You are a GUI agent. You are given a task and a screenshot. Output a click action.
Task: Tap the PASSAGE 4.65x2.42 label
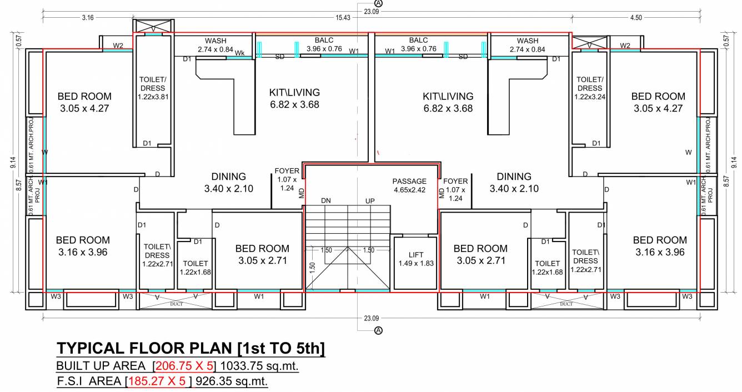pos(409,185)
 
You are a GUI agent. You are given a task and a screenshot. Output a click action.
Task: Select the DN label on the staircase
pos(327,200)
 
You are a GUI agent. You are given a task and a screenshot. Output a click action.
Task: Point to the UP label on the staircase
pos(370,200)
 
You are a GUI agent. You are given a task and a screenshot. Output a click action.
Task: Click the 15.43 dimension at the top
pos(343,18)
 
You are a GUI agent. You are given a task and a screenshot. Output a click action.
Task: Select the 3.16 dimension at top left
pos(87,18)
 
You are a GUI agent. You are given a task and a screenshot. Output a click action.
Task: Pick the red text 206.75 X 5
pos(186,366)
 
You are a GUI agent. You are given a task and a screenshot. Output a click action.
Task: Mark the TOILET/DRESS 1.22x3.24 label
pos(589,88)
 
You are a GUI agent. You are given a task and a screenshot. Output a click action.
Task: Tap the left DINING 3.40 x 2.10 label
pos(228,183)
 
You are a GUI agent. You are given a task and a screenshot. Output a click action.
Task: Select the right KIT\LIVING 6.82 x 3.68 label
pos(448,102)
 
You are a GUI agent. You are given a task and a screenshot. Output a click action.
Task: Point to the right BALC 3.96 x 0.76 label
pos(418,44)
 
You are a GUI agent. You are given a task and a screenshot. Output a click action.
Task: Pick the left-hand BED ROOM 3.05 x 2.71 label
pos(262,254)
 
